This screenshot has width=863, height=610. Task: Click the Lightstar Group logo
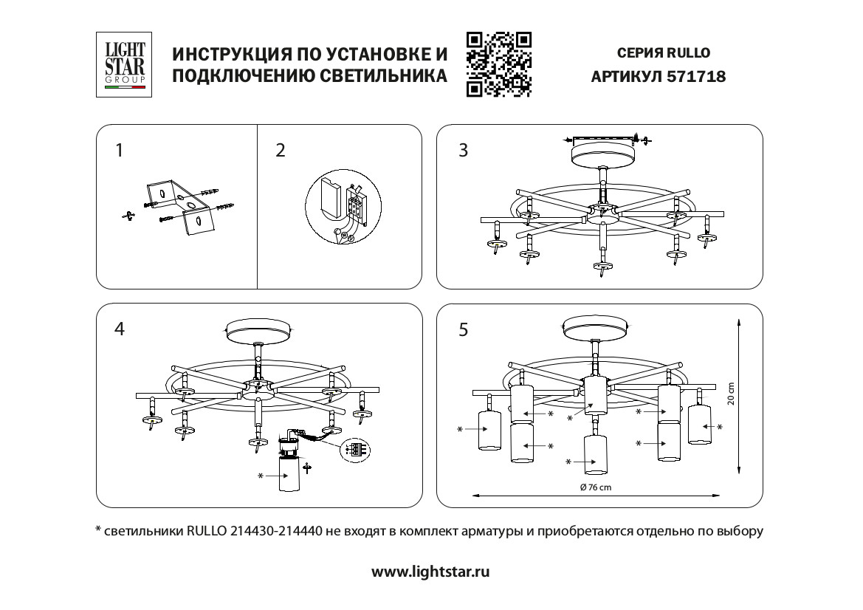[x=126, y=64]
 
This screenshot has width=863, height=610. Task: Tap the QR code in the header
[x=500, y=65]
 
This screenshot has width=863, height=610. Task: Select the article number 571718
[x=696, y=76]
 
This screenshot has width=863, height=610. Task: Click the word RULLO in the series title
[x=689, y=52]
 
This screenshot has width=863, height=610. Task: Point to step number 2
[x=280, y=151]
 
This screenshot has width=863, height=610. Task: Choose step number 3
[x=463, y=151]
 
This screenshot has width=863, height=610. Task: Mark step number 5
[x=463, y=329]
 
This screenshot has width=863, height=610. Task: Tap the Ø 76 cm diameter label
[x=596, y=487]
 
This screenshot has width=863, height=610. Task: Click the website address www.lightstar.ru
[x=430, y=571]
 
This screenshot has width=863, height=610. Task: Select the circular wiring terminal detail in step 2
[x=340, y=208]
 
